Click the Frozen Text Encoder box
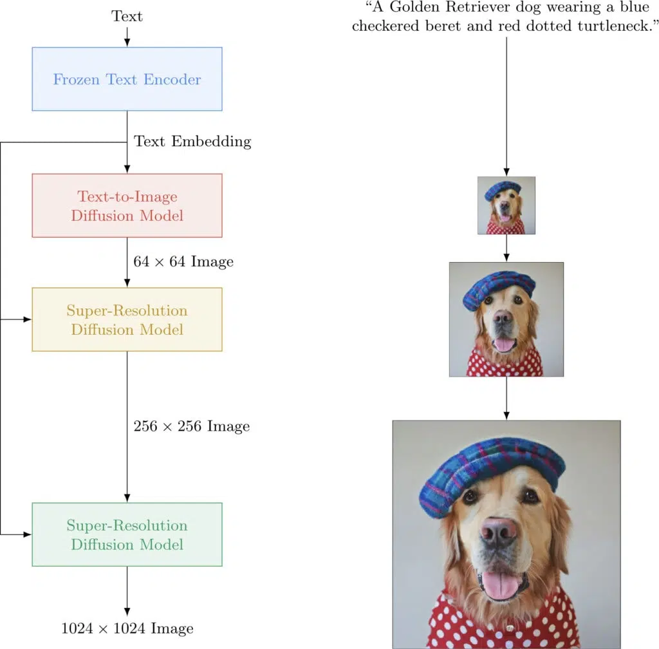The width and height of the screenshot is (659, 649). [127, 79]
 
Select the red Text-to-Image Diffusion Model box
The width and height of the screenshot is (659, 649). [127, 205]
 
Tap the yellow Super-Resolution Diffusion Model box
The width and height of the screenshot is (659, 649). [127, 319]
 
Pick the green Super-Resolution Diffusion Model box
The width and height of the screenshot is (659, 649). [127, 534]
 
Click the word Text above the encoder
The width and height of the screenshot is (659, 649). [127, 16]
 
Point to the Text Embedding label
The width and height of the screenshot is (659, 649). [192, 142]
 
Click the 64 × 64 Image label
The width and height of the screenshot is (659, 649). [183, 261]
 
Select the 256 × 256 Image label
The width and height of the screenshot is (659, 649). [191, 426]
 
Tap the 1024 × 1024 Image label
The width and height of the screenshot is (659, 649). [127, 628]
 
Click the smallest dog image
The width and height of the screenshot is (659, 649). [506, 205]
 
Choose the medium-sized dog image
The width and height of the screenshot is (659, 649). [506, 319]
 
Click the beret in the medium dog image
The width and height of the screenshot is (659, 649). [499, 288]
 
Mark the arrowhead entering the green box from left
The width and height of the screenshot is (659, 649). [28, 534]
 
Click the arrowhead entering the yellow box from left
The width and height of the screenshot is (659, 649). [28, 319]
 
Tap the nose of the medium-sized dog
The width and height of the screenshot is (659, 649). [504, 317]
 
